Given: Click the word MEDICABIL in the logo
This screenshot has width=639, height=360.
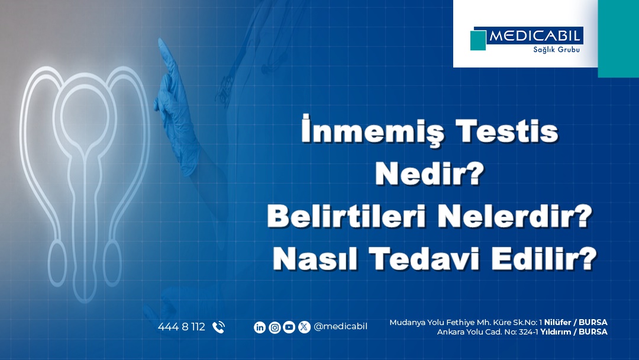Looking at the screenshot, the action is coord(535,36).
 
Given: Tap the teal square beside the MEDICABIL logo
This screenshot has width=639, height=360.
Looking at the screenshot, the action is coord(478,40).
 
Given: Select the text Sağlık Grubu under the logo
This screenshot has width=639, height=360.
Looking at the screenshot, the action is coord(556,50).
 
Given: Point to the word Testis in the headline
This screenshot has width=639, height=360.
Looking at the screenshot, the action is coord(506,131).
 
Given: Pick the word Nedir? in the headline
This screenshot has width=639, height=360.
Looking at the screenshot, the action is coord(430,173).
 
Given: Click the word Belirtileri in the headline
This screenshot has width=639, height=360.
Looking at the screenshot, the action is coord(347,216).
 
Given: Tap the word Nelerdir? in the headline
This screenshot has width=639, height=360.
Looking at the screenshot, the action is coord(515,216).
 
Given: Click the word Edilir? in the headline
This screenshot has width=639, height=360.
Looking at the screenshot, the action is coord(544,259).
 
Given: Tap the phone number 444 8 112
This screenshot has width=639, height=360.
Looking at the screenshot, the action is coord(182,327).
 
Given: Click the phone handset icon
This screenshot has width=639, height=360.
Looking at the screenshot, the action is coord(219,327).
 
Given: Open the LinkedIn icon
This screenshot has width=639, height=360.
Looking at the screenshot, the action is coord(260,327).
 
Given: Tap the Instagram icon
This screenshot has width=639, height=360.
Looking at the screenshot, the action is coord(275,327).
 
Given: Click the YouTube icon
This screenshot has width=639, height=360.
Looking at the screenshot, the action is coord(289,327).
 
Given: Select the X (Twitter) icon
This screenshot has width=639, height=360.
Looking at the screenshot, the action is coord(304,327).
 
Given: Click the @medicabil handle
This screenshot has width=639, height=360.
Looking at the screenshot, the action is coord(340,327).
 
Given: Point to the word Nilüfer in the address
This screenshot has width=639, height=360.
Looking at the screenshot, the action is coord(557,322).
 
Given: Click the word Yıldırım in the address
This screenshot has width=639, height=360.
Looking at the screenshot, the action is coord(556,332).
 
